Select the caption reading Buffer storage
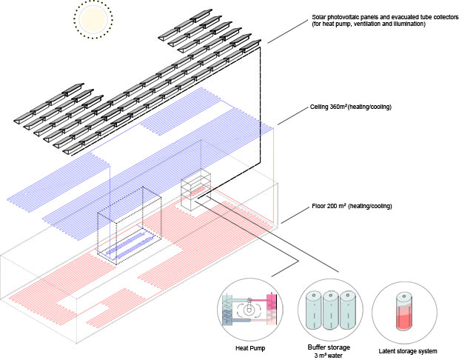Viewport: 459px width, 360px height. (x=329, y=346)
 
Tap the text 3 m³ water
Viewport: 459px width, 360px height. (x=329, y=355)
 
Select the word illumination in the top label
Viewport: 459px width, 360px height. (x=406, y=24)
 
